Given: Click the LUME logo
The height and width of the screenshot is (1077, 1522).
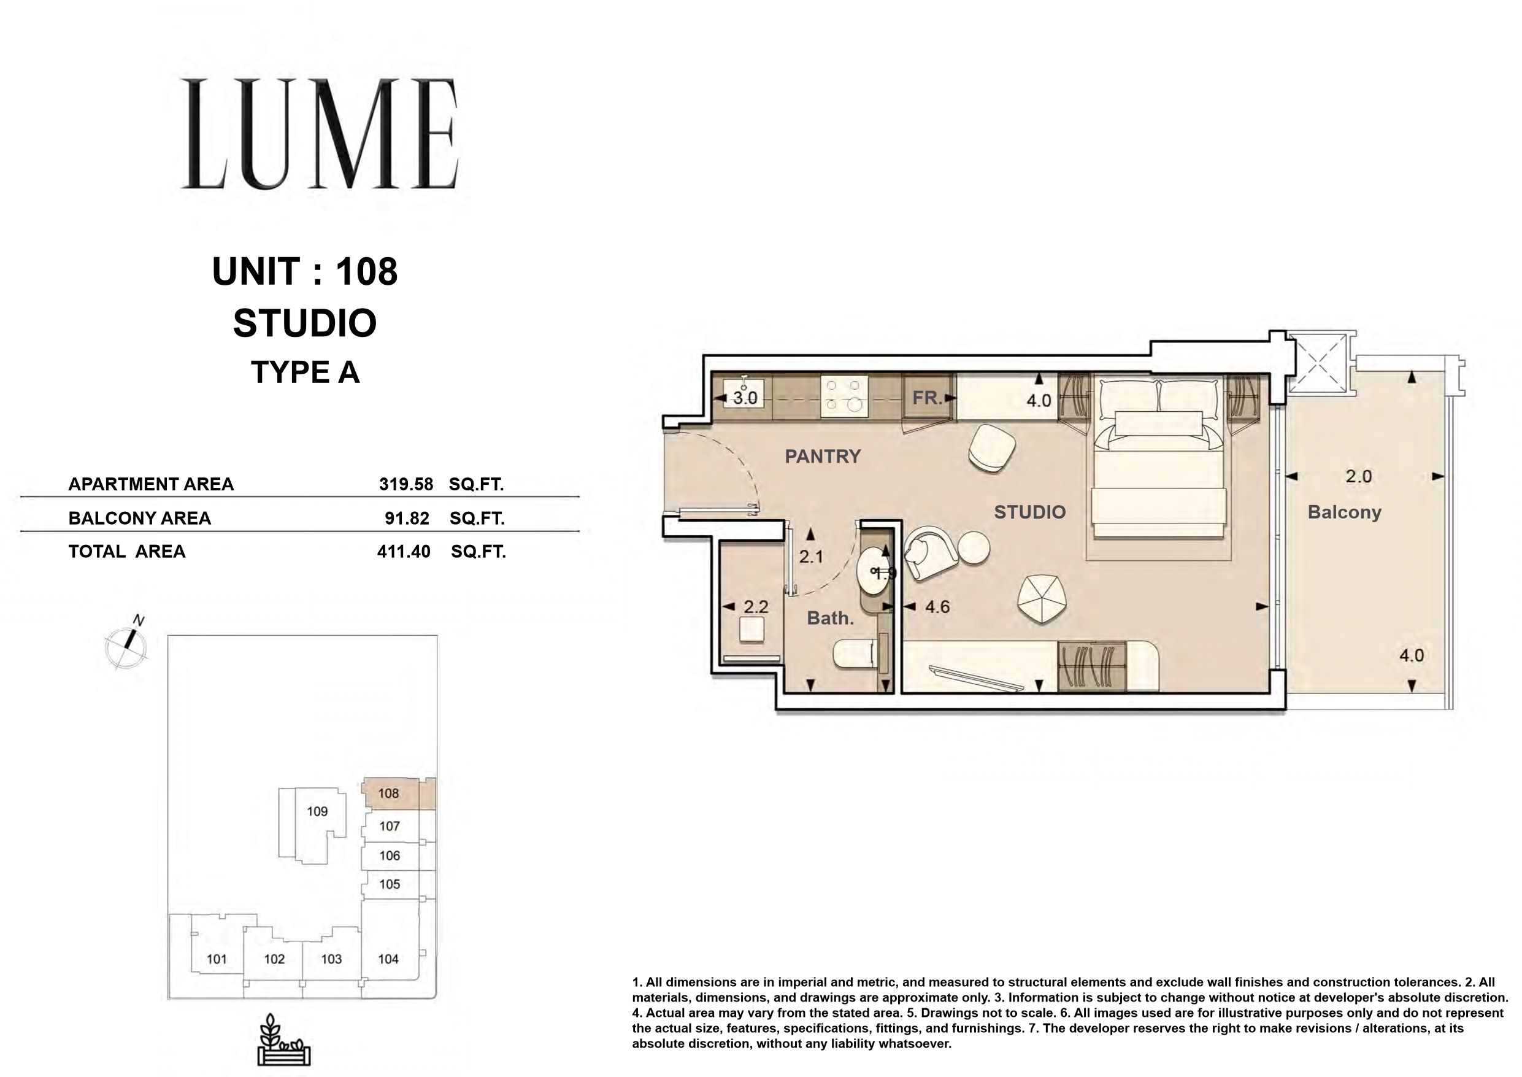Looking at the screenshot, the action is pos(320,133).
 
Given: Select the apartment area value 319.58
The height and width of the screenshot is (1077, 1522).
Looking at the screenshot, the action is pos(405,484).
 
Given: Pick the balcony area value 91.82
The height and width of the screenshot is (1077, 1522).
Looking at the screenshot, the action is pos(407,518).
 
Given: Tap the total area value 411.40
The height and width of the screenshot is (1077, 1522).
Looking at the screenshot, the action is pos(404,551).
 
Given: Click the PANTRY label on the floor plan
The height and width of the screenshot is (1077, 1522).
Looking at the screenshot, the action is pos(823,456).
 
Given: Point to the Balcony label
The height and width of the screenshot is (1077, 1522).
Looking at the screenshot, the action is pos(1344,512).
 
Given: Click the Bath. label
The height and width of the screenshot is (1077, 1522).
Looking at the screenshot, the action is pos(830,618).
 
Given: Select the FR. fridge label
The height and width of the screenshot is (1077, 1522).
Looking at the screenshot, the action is pos(927,398).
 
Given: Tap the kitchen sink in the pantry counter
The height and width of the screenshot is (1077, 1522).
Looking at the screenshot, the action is pos(743,393).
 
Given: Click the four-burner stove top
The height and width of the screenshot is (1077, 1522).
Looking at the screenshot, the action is pos(845,396).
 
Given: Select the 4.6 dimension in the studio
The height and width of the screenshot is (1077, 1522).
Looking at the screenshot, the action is pos(937,606).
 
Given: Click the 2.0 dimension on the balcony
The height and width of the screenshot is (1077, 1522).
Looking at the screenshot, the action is pos(1358,476).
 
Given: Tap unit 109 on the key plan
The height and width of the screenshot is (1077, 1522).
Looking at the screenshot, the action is pos(318,811).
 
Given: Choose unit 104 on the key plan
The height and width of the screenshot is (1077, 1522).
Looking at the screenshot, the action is pos(388,959).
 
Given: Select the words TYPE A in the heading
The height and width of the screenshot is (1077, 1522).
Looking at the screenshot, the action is pos(305,372).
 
